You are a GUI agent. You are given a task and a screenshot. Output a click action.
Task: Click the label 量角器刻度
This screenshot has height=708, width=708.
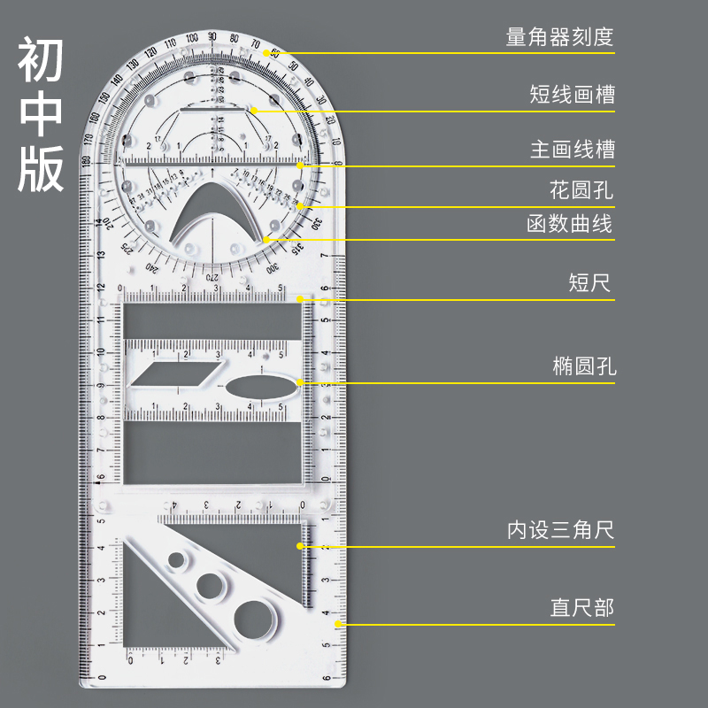[559, 38]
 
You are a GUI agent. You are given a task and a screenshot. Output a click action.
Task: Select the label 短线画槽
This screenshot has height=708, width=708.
[572, 95]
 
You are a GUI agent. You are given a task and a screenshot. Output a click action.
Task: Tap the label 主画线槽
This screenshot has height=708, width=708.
[572, 150]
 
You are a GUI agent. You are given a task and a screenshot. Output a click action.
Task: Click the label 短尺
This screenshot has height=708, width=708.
[589, 284]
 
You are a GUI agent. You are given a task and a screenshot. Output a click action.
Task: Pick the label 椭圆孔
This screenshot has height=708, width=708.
[581, 367]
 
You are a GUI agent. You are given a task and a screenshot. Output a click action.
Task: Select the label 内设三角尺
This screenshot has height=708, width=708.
[560, 531]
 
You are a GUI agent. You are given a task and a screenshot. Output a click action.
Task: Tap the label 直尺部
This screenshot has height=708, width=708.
[581, 609]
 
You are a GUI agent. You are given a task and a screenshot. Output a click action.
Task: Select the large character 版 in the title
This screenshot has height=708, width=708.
[42, 169]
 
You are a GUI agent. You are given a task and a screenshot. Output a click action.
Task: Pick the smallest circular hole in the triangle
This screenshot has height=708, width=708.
[178, 560]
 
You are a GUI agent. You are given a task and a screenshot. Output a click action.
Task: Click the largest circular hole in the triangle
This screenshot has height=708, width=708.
[252, 616]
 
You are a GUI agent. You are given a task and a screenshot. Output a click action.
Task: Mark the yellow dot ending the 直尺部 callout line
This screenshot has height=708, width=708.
[338, 625]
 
